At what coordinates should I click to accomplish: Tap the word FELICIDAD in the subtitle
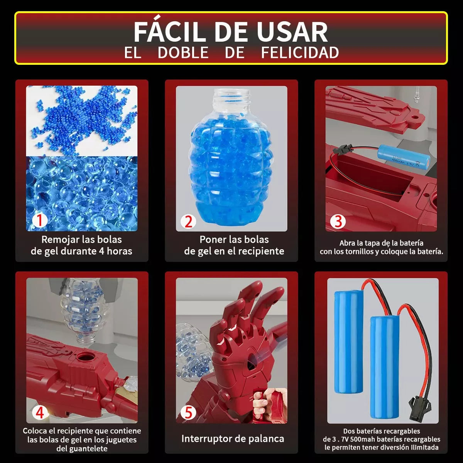pos(300,53)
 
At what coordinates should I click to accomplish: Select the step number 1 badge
pos(39,220)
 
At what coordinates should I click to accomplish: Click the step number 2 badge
pos(188,221)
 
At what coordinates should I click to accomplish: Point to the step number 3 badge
pos(338,221)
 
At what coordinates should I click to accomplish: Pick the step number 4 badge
pos(40,412)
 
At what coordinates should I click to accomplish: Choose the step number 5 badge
pos(188,412)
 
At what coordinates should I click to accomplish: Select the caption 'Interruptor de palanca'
pos(233,439)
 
